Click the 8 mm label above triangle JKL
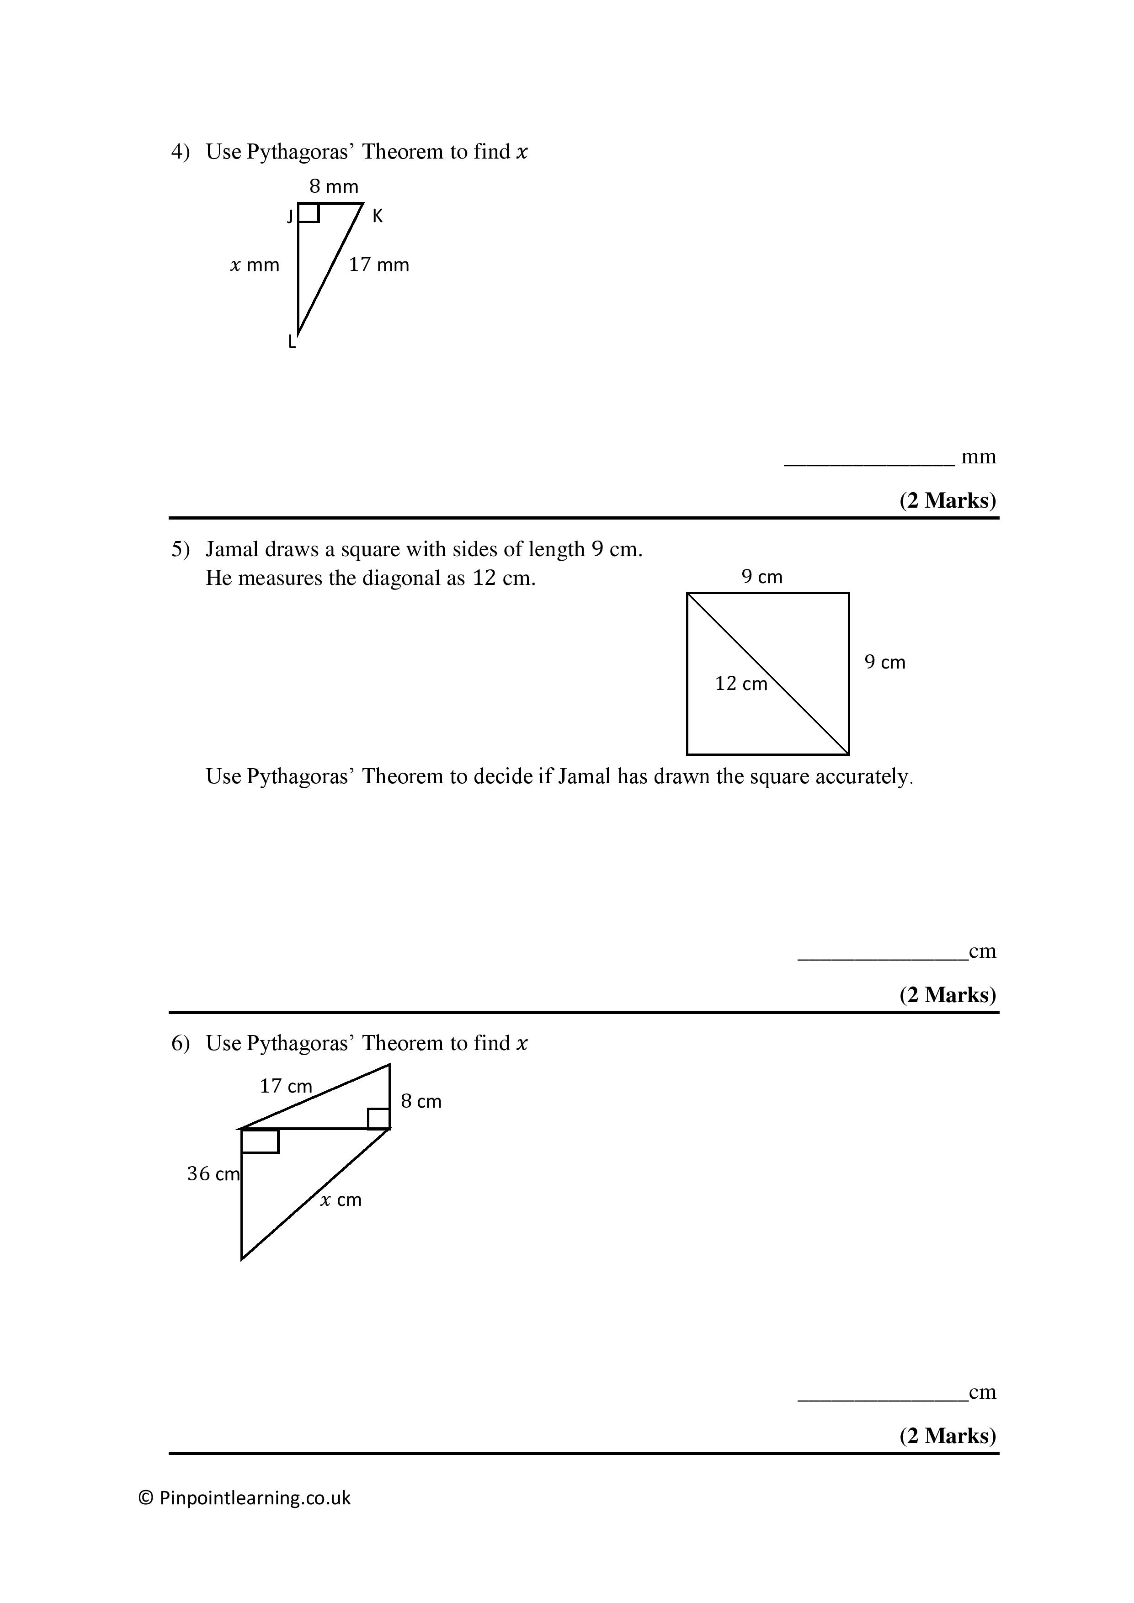pos(334,186)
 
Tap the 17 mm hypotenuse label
pos(378,265)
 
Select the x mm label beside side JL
pos(255,265)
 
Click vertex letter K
pos(377,217)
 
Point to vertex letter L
pos(293,342)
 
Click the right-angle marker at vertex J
pos(309,213)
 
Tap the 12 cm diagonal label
pos(741,684)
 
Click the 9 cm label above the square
pos(762,577)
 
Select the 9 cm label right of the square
pos(885,662)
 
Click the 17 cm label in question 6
pos(286,1086)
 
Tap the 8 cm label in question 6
pos(421,1102)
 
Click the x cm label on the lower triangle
pos(341,1200)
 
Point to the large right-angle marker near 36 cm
pos(260,1141)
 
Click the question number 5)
pos(180,549)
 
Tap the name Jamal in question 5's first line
pos(233,549)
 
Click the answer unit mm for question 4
pos(978,457)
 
